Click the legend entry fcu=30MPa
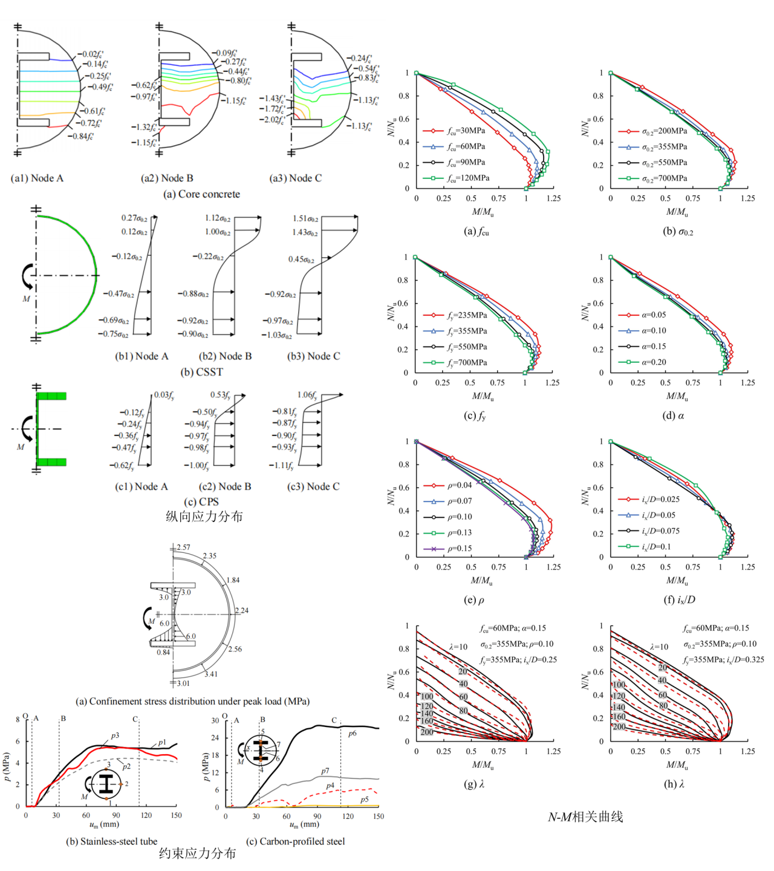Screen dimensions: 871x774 tap(466, 131)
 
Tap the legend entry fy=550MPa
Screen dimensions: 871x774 tap(467, 347)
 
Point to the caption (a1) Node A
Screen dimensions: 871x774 tap(37, 178)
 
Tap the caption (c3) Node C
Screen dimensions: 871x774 tap(313, 486)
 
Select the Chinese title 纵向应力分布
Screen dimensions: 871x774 tap(204, 516)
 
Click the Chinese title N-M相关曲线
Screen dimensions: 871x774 tap(585, 817)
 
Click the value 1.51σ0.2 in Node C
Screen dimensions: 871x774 tap(305, 218)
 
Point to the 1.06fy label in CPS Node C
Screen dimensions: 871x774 tap(307, 395)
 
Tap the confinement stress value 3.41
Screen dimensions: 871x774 tap(211, 674)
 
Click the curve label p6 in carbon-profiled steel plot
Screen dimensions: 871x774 tap(353, 733)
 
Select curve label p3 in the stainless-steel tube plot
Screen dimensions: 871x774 tap(115, 736)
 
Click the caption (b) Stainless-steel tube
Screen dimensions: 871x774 tap(111, 841)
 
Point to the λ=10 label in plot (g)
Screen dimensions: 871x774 tap(458, 647)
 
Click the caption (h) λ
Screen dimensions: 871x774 tap(674, 784)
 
